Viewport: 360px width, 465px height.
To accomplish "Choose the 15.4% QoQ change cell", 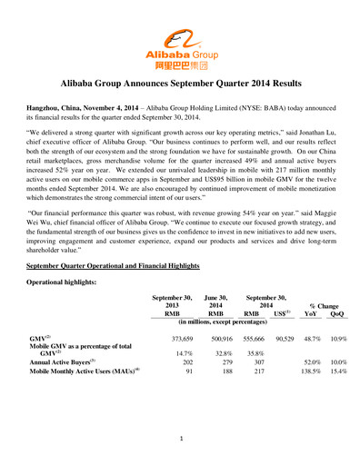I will [x=339, y=371].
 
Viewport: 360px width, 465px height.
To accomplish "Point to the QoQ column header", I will [x=338, y=313].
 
